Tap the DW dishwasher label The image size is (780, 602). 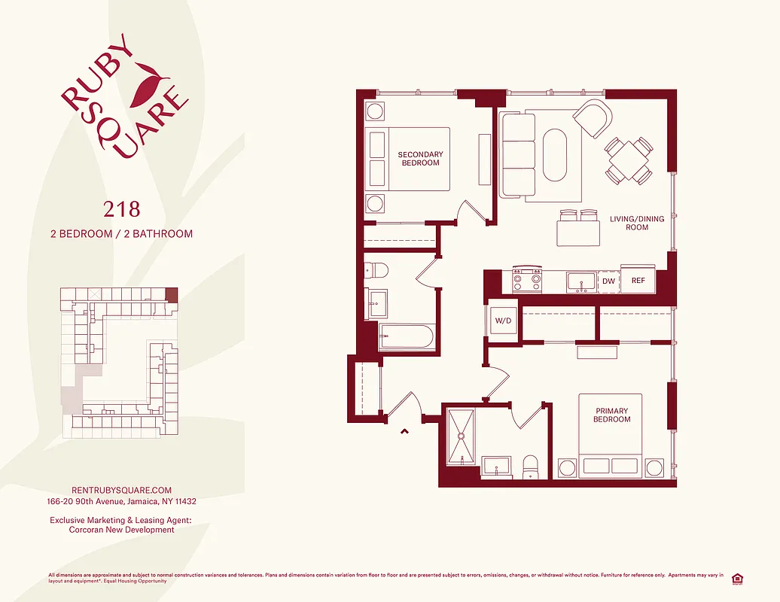click(608, 281)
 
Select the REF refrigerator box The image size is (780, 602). click(638, 281)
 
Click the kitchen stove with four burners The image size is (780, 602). click(527, 281)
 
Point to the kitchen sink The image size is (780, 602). click(580, 281)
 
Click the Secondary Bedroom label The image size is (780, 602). click(421, 159)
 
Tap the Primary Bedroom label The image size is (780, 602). click(611, 415)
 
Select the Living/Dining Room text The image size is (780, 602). click(637, 223)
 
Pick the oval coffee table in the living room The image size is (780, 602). click(555, 155)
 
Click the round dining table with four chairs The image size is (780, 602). click(628, 160)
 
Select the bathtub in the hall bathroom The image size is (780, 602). click(407, 336)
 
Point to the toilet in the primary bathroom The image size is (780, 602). click(530, 467)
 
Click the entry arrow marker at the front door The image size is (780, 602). click(404, 431)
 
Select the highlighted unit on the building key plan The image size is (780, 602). click(172, 294)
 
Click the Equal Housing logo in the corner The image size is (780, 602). click(736, 578)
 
